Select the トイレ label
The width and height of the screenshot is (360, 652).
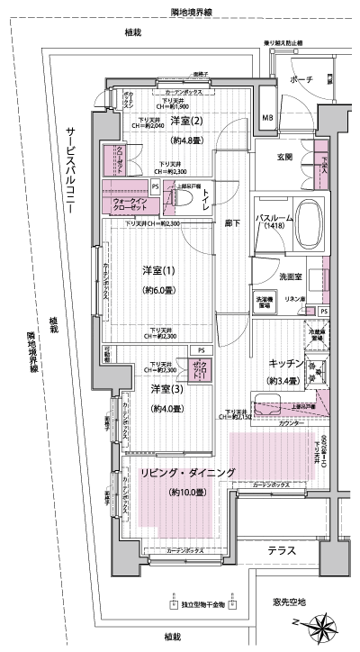click(206, 200)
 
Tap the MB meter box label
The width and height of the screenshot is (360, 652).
click(267, 118)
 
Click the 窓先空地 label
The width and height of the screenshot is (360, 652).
click(289, 601)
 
